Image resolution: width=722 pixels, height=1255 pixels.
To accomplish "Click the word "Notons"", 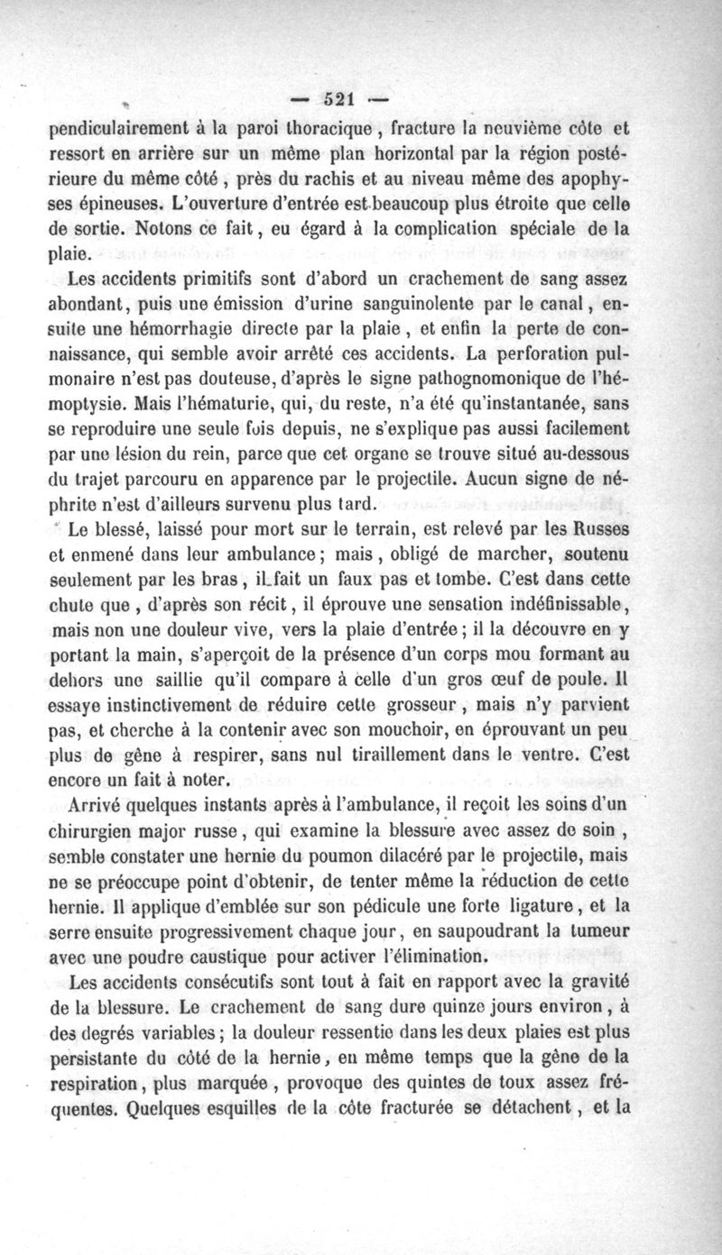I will click(148, 221).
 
